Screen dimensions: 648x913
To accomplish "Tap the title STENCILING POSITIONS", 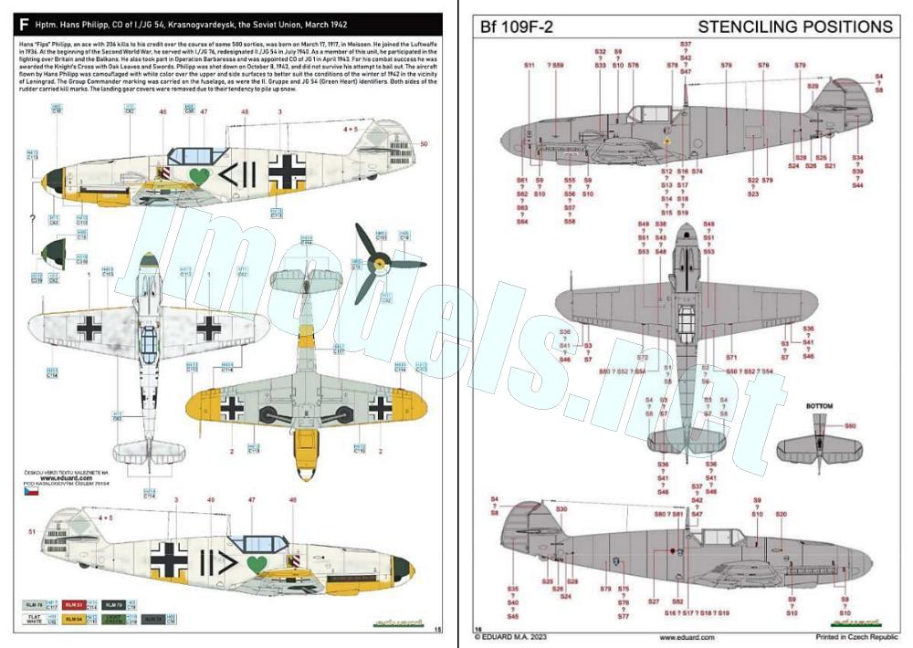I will (794, 26).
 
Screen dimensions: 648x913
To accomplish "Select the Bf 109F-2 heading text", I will (514, 27).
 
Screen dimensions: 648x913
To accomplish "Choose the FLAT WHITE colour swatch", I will (33, 620).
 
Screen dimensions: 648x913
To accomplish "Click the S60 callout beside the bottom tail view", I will (850, 426).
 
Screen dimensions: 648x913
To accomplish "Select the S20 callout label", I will (781, 515).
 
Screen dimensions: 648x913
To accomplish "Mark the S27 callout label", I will (653, 601).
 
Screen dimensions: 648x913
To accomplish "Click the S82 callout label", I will (677, 601).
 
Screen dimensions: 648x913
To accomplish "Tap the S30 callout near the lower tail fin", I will (561, 508).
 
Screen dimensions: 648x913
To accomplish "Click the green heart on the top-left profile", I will (198, 173).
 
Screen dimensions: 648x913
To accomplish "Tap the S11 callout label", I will (530, 66).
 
